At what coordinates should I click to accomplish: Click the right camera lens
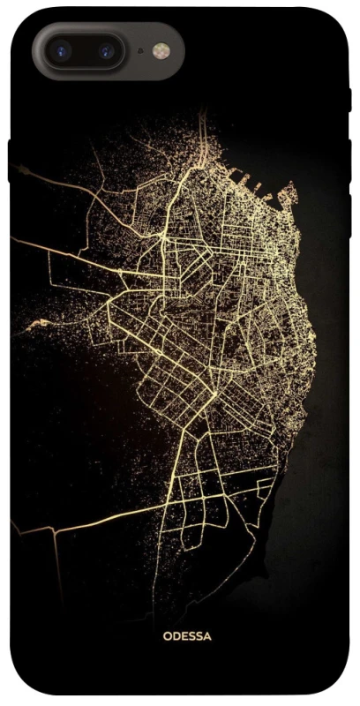[x=106, y=50]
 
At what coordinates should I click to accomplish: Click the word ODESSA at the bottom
[x=187, y=635]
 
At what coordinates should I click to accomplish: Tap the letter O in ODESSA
[x=167, y=635]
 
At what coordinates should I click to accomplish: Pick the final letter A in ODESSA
[x=207, y=635]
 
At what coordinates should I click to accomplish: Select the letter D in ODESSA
[x=176, y=635]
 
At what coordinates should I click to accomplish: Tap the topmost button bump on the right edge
[x=349, y=99]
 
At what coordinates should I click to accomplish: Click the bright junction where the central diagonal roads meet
[x=214, y=392]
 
